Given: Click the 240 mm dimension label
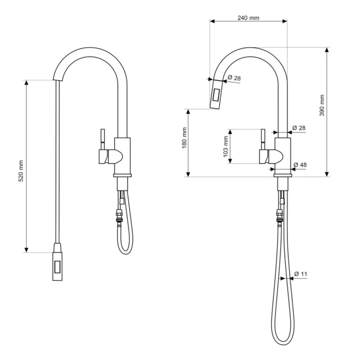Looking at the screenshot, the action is coord(248,18).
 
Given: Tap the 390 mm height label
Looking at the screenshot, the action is coord(322,105).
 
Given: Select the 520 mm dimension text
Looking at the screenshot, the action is coord(21,171).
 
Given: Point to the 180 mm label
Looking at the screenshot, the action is coord(184,138).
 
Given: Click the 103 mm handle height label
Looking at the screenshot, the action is coord(225,147).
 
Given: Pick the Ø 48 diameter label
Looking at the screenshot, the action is coord(300,165).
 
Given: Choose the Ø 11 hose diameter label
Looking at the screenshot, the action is coord(301,274).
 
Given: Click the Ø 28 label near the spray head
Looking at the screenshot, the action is coord(234,77).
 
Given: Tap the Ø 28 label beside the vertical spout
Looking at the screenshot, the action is coord(299,128).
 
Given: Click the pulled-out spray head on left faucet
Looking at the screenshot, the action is coord(58,262).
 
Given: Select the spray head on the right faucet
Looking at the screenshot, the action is coord(216,94).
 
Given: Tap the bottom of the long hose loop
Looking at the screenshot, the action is coord(283,344).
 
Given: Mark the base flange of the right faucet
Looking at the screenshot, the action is coord(283,175).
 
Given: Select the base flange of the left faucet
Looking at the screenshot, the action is coord(122,175).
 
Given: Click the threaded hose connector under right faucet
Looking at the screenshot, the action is coord(279,216).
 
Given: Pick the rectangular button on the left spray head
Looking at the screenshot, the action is coord(57,267).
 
